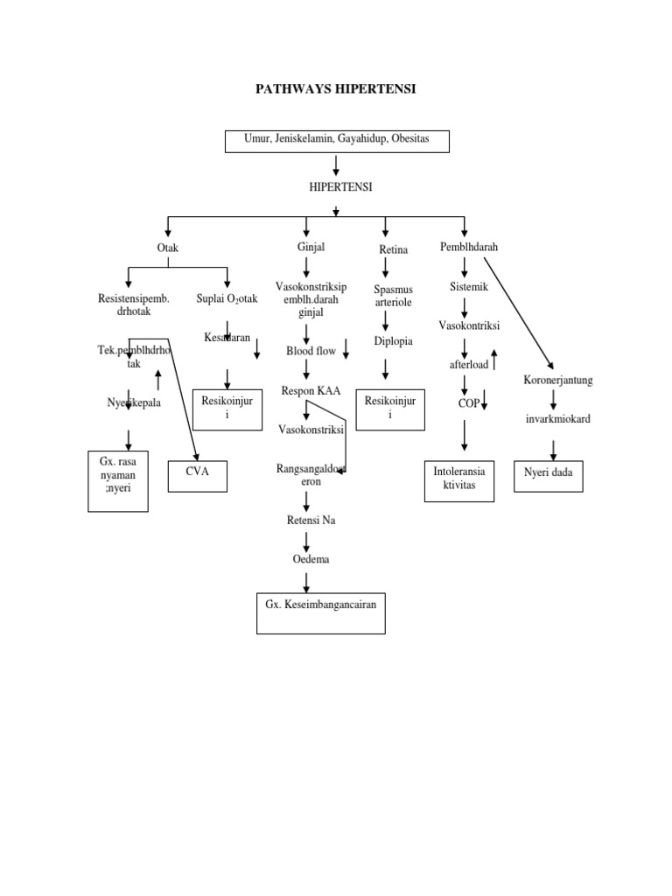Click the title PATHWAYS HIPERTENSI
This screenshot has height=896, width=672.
coord(336,89)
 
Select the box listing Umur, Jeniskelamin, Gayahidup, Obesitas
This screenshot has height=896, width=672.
coord(337,143)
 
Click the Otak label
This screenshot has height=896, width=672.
coord(168,248)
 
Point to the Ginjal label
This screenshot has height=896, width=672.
coord(311,247)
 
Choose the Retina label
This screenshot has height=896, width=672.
coord(394,250)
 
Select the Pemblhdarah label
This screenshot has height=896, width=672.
coord(469,248)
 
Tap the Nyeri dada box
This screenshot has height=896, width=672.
coord(548,475)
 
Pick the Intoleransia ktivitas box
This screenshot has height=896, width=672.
coord(459,480)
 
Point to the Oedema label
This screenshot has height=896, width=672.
coord(311,558)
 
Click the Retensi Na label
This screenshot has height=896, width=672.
coord(311,521)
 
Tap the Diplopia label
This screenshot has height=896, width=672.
coord(393,340)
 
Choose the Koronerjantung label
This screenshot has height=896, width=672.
coord(559,381)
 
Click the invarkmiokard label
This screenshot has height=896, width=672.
coord(558,419)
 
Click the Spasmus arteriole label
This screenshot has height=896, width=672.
coord(393,296)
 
